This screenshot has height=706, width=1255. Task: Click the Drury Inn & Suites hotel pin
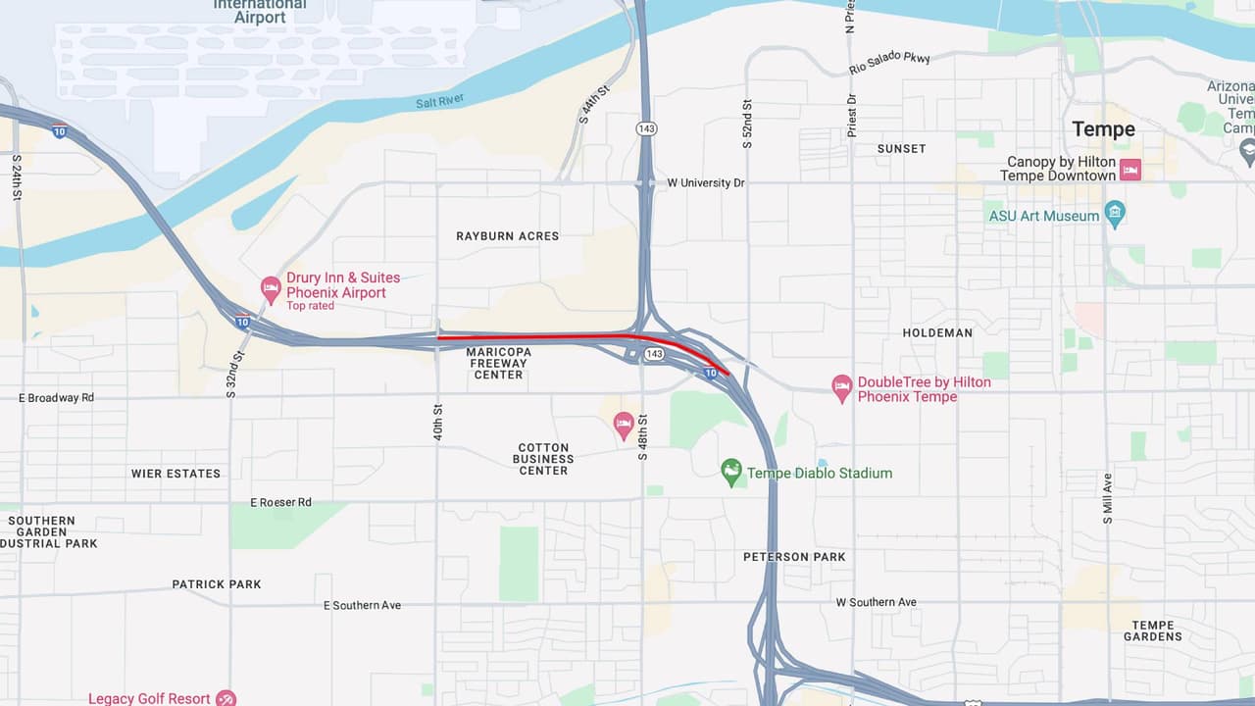coord(271,289)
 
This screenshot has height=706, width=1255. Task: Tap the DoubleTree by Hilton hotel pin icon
coord(841,388)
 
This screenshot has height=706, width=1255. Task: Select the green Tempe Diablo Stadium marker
coord(731,472)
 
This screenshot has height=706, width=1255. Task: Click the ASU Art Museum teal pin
coord(1114,214)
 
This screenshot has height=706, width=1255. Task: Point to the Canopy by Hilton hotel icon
coord(1130,170)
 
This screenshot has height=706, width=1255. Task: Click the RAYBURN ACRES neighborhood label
coord(507,236)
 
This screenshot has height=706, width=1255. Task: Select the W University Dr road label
coord(706,183)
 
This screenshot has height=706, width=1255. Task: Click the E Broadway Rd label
coord(57,398)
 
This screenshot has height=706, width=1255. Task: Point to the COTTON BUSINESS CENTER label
coord(543,459)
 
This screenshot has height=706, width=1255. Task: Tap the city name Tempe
coord(1103,129)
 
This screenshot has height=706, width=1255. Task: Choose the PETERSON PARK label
coord(794,557)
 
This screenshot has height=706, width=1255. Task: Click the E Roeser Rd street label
coord(280,502)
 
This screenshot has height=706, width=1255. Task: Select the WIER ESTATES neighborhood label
coord(176,474)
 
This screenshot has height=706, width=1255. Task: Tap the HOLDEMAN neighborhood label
coord(937,333)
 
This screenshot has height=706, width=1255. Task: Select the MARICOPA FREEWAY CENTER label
coord(498,363)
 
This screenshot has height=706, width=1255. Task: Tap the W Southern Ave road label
coord(876,602)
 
